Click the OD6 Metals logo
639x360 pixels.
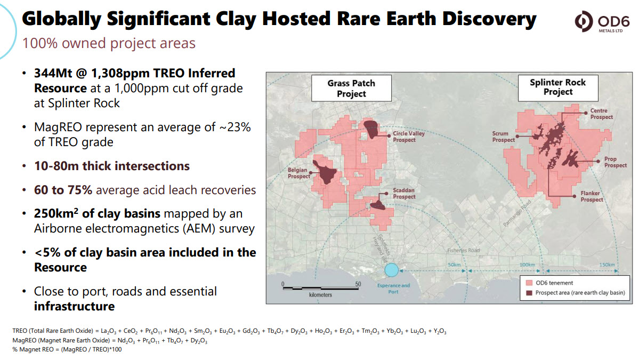click(602, 22)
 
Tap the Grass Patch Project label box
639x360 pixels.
click(351, 88)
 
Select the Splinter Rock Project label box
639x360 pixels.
click(558, 87)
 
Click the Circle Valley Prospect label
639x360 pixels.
click(408, 137)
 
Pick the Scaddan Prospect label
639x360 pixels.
click(404, 193)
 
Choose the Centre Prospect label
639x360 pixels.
click(602, 114)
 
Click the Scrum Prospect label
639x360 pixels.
click(503, 137)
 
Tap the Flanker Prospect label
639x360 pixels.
click(592, 196)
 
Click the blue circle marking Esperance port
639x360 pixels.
click(391, 270)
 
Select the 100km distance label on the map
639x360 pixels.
click(527, 265)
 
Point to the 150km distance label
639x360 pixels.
click(607, 265)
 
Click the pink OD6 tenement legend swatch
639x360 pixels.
click(529, 283)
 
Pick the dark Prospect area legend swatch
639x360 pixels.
click(529, 293)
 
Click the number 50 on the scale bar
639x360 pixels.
click(358, 284)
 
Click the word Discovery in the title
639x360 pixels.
click(489, 19)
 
